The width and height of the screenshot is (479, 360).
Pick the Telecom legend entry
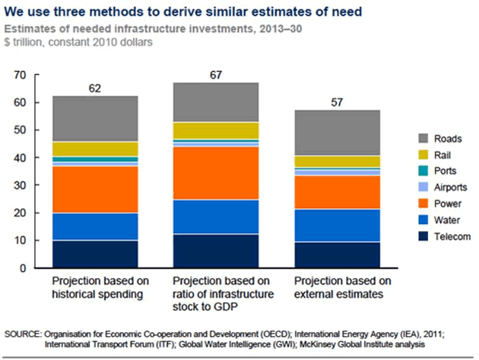click(447, 236)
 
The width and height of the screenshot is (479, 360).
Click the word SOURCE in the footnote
click(25, 333)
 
